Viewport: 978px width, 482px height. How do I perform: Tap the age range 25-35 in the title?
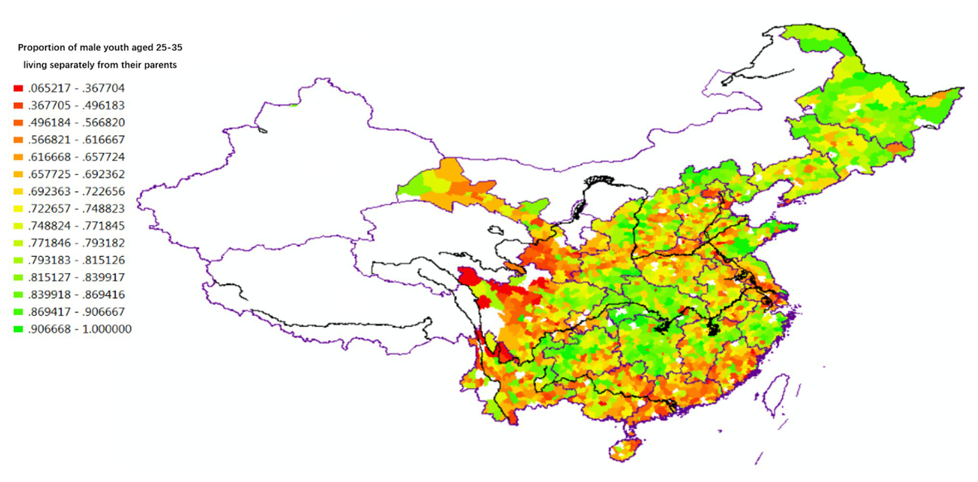pyautogui.click(x=167, y=48)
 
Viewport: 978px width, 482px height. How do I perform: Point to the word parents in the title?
pyautogui.click(x=159, y=64)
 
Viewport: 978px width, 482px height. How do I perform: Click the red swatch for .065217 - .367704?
pyautogui.click(x=18, y=89)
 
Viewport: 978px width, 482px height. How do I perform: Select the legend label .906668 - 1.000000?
pyautogui.click(x=80, y=329)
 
